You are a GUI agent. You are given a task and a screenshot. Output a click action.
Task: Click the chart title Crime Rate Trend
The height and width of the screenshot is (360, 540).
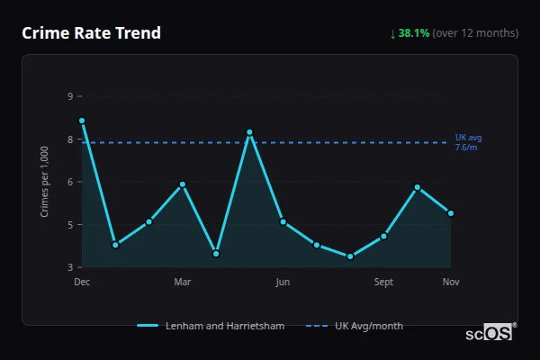[91, 33]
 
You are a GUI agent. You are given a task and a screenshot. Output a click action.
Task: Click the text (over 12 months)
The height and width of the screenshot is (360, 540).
[475, 33]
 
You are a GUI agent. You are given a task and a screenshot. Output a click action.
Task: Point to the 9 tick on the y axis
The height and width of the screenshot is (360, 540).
[70, 96]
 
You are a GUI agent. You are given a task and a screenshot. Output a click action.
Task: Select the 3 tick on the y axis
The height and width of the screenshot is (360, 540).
[70, 267]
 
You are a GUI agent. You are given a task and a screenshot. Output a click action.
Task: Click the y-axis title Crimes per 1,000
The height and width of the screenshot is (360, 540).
[45, 182]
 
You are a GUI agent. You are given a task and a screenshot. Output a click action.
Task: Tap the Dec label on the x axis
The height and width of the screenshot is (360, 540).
[82, 282]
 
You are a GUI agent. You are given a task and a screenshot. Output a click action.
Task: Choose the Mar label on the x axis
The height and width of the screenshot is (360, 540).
[183, 282]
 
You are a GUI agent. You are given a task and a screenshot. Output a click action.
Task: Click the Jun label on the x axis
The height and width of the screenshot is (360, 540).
[283, 282]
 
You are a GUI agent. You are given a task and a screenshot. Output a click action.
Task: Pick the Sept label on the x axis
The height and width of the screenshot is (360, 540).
[383, 282]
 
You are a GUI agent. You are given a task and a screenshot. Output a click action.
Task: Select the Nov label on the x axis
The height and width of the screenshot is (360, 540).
[451, 282]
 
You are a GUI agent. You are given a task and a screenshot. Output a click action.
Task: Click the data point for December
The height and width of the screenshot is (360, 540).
[82, 121]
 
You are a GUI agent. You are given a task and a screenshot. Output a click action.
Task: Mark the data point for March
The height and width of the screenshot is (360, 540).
[183, 184]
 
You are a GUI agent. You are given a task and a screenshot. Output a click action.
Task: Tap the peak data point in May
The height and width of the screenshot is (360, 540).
[249, 132]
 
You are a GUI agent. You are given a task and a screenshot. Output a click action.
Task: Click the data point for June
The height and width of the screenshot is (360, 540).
[283, 221]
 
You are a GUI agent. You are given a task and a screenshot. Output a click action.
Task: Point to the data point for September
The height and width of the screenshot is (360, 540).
[383, 236]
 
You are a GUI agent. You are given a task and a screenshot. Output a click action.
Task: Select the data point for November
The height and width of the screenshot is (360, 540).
[451, 213]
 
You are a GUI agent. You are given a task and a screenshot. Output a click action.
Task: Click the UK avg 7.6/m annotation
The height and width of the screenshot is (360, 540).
[468, 141]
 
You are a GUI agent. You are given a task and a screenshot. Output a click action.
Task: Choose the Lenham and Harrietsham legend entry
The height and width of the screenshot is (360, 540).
[211, 326]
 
